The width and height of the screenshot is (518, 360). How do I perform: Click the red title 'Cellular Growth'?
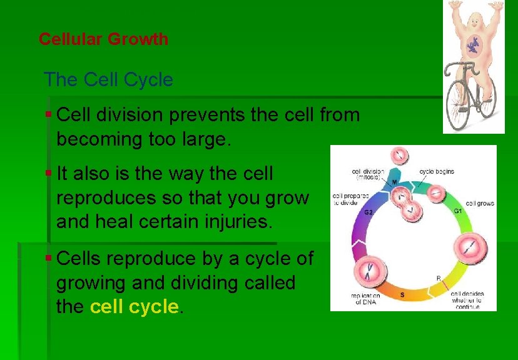click(103, 39)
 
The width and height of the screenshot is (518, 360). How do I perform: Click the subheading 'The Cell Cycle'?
click(108, 79)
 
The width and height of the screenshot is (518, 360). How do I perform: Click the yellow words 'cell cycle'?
click(135, 307)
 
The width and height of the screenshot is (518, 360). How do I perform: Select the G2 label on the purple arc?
click(370, 212)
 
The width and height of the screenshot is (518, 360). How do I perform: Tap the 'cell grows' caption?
click(479, 204)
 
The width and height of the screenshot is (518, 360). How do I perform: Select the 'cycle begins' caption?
click(437, 171)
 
